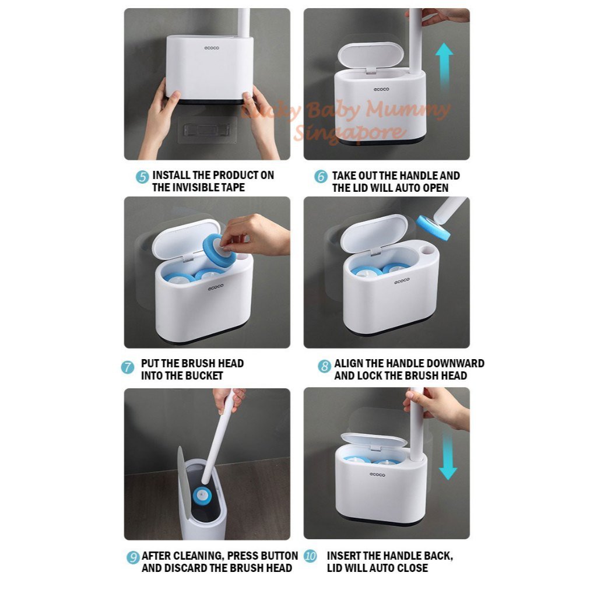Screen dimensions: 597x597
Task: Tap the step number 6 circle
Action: coord(321,177)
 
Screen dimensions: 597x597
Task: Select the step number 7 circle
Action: coord(128,367)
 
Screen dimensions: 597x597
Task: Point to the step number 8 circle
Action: coord(325,367)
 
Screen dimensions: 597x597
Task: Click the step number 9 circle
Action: coord(133,557)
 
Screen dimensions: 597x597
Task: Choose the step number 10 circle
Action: coord(310,556)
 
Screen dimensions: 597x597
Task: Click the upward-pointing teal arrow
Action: coord(444,65)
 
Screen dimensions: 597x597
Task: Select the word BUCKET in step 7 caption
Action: coord(203,376)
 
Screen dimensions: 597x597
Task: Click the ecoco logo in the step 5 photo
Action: coord(212,48)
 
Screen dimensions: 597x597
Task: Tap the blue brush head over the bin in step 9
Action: coord(207,496)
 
